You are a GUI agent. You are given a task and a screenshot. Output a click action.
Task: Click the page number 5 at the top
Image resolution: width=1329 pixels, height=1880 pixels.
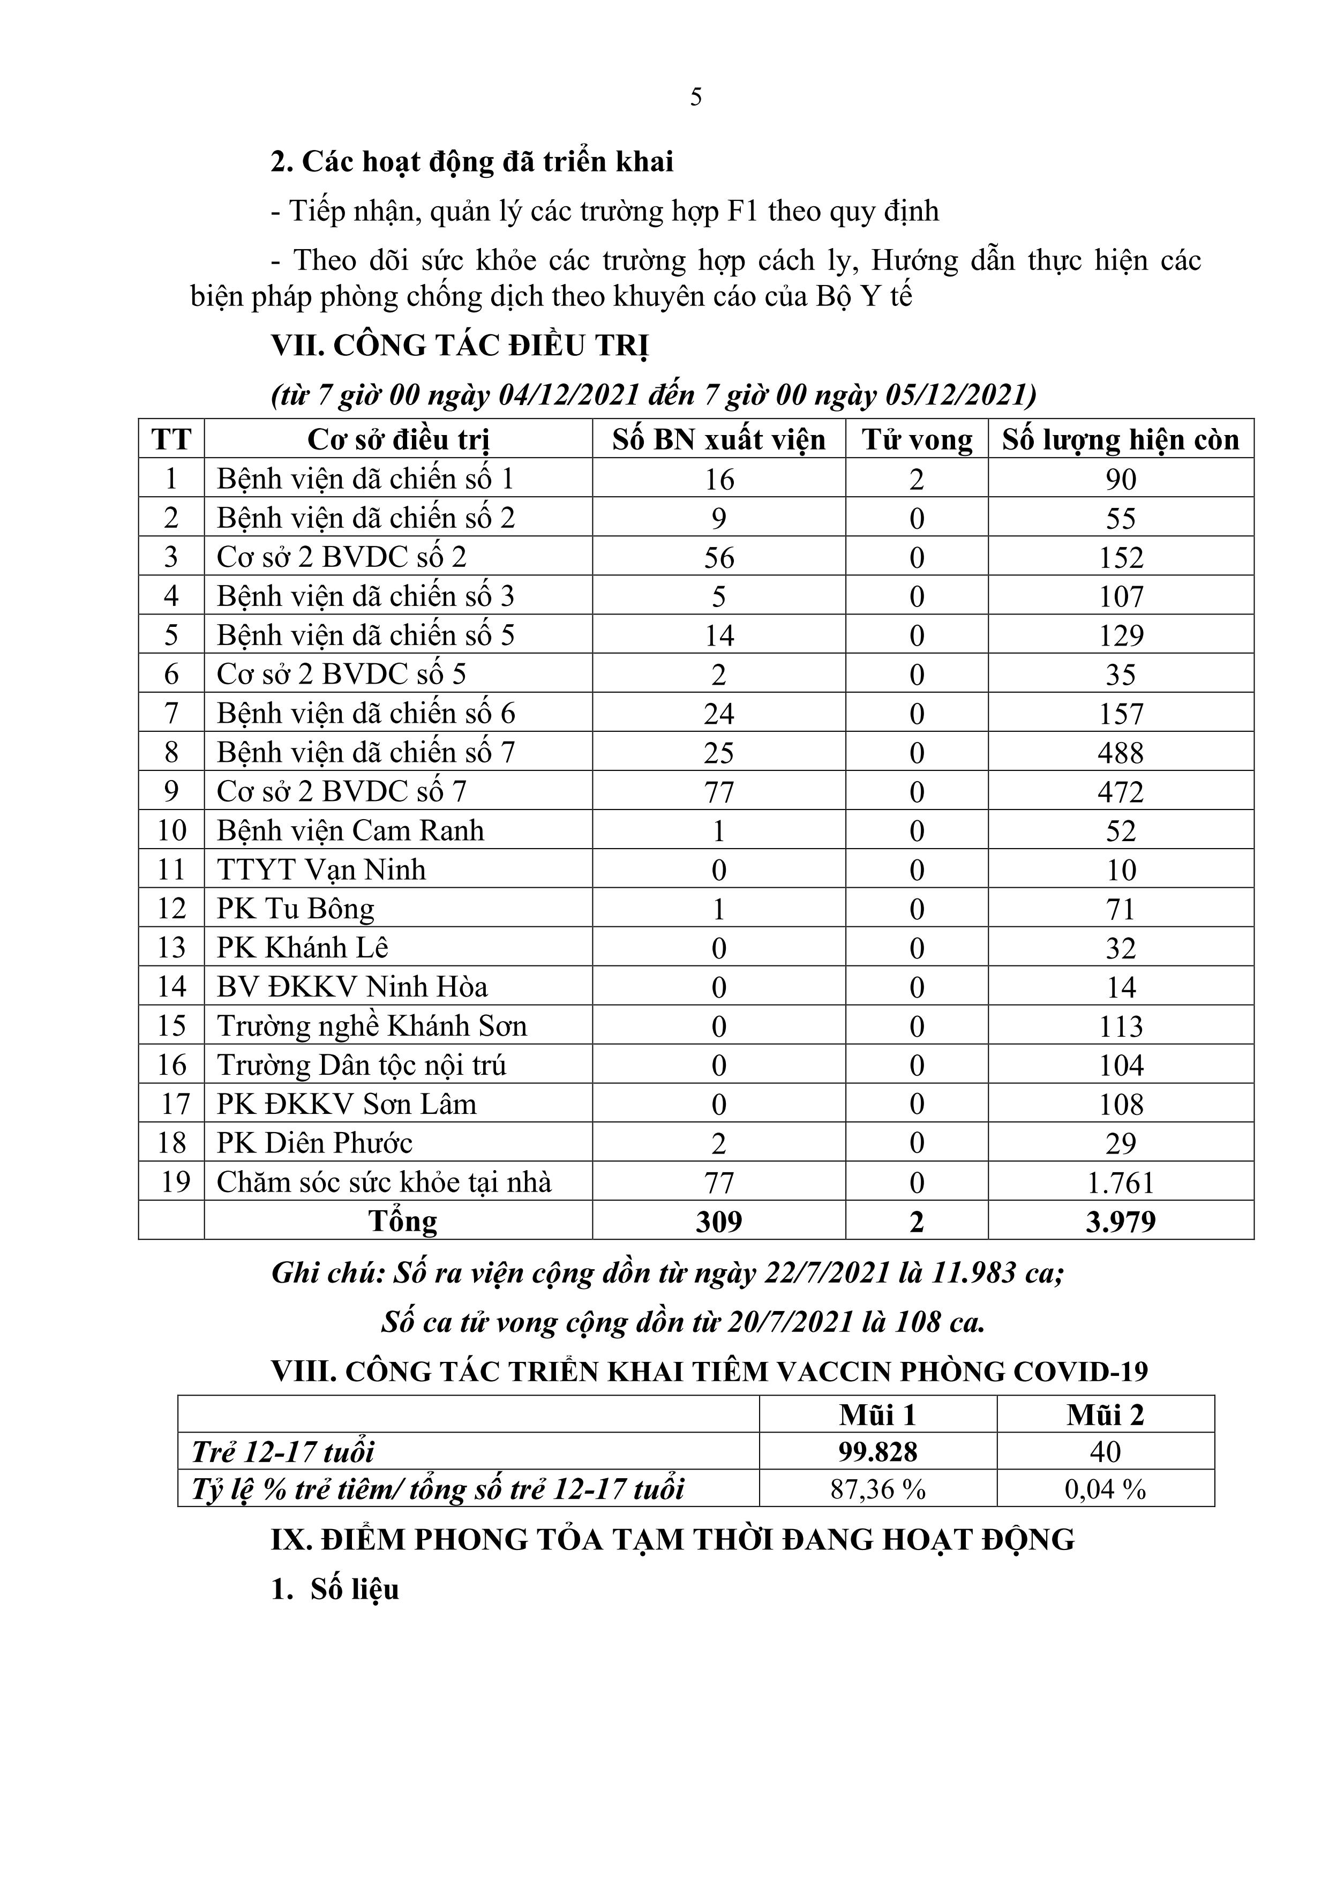click(695, 98)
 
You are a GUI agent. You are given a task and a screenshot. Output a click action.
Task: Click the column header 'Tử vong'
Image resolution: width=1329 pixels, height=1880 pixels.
click(917, 440)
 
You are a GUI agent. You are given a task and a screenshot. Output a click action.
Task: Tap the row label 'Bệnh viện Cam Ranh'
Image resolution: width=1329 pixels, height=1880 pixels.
click(350, 830)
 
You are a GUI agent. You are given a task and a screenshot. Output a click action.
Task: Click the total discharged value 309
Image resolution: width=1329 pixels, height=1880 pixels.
click(718, 1222)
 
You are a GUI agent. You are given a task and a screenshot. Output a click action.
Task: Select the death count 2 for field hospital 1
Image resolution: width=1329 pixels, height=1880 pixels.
click(917, 479)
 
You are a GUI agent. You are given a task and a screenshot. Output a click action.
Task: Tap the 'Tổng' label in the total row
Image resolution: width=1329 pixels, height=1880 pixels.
click(403, 1222)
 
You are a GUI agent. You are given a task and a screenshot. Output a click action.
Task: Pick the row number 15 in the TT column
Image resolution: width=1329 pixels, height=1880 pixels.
click(171, 1026)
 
